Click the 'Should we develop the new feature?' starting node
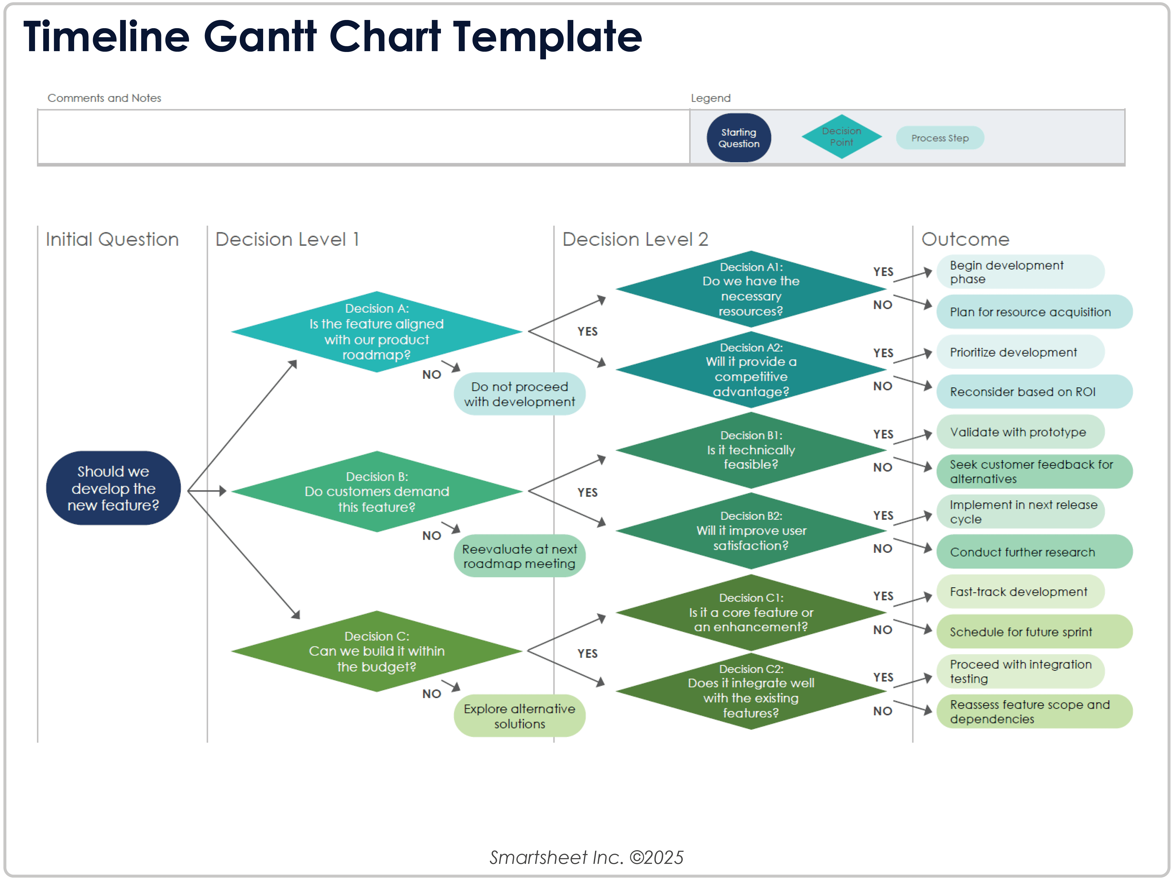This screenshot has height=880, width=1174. click(113, 488)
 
